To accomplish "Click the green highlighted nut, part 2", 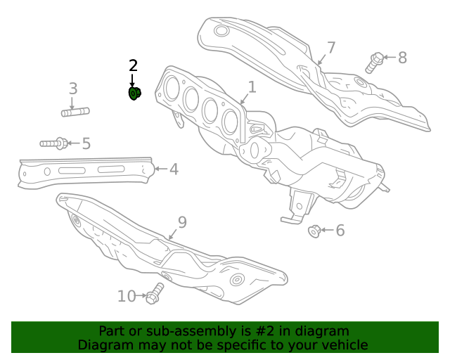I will point(134,93).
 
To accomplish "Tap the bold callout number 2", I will point(133,66).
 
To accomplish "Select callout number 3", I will point(72,89).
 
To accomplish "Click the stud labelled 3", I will point(75,111).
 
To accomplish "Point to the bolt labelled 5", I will point(54,143).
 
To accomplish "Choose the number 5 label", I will point(86,144).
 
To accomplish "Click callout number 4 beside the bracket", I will point(173,169).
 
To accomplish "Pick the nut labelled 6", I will point(315,230).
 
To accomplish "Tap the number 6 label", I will point(340,230).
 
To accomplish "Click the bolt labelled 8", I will point(374,62).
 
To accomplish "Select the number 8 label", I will point(402,58).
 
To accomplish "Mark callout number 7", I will point(330,48).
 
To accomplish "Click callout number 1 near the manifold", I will point(251,87).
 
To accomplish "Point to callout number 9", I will point(182,222).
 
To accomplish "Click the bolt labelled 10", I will point(155,293).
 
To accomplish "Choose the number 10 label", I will point(127,296).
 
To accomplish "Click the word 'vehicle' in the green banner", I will point(343,345).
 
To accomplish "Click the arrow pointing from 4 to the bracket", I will point(160,169).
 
